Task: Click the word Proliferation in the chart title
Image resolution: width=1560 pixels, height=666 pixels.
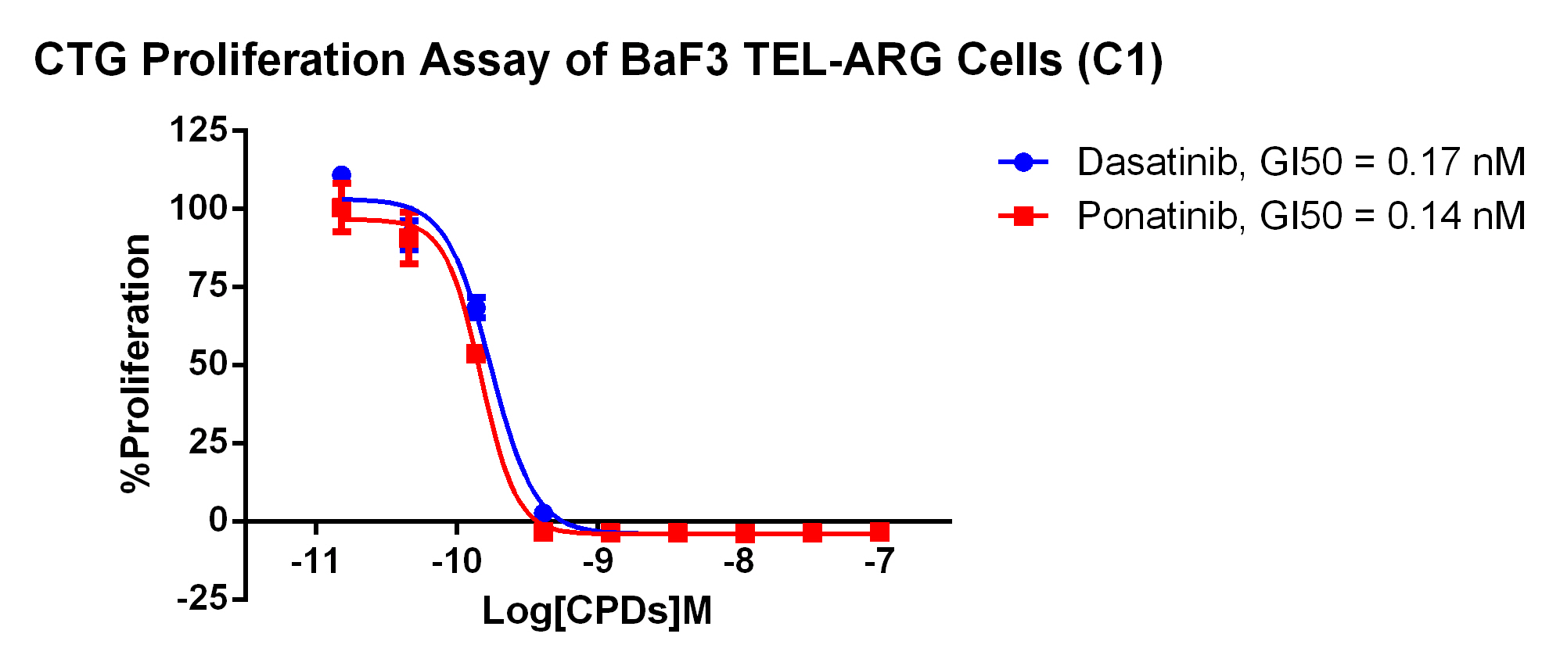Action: (x=273, y=60)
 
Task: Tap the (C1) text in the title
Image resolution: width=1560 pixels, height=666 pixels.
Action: (x=1120, y=60)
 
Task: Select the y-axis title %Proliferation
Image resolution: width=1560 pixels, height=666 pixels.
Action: (x=137, y=363)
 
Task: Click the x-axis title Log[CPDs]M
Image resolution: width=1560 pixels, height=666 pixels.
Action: (x=597, y=611)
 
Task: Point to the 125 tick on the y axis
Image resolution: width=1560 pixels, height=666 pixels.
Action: (x=198, y=131)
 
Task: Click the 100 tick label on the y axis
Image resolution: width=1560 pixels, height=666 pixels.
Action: (x=198, y=209)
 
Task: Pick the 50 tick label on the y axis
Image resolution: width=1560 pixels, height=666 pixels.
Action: (x=207, y=365)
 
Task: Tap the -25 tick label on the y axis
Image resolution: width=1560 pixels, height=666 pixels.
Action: (x=202, y=600)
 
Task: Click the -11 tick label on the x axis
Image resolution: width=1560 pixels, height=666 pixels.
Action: (x=315, y=560)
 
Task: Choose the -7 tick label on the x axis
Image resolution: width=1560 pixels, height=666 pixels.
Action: (x=879, y=560)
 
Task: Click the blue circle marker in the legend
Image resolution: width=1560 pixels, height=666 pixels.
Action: (x=1023, y=163)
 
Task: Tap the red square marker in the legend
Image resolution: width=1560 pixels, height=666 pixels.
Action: (x=1023, y=216)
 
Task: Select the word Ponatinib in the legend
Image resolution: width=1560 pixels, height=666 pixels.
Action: (x=1156, y=216)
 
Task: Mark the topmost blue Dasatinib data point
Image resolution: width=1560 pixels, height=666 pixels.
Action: (x=341, y=175)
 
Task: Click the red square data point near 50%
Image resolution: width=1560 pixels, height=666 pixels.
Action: (x=476, y=354)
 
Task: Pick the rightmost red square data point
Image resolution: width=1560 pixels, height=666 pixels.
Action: (x=879, y=532)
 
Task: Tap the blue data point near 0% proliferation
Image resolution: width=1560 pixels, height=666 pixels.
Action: (x=544, y=514)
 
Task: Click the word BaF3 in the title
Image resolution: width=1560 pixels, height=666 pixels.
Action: (x=674, y=60)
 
